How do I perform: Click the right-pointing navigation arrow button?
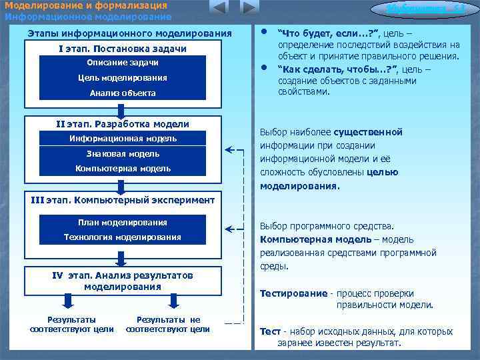(x=249, y=8)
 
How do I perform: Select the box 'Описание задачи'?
(x=122, y=63)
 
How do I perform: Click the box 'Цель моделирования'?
(x=122, y=78)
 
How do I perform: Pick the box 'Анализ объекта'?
(x=122, y=93)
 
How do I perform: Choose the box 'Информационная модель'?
(x=123, y=139)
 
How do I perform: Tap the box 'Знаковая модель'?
(x=123, y=154)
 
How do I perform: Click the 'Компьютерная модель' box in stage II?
(x=123, y=169)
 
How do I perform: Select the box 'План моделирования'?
(x=123, y=223)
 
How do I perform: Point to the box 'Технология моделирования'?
(x=123, y=237)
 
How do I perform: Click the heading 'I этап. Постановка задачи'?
(x=123, y=49)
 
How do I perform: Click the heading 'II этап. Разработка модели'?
(x=123, y=124)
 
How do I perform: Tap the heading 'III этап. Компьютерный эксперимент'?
(x=123, y=200)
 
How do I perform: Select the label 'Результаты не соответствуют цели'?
(x=168, y=324)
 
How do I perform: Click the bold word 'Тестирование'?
(x=293, y=293)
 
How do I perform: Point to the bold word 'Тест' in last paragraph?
(x=269, y=331)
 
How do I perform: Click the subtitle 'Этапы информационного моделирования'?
(x=129, y=33)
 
